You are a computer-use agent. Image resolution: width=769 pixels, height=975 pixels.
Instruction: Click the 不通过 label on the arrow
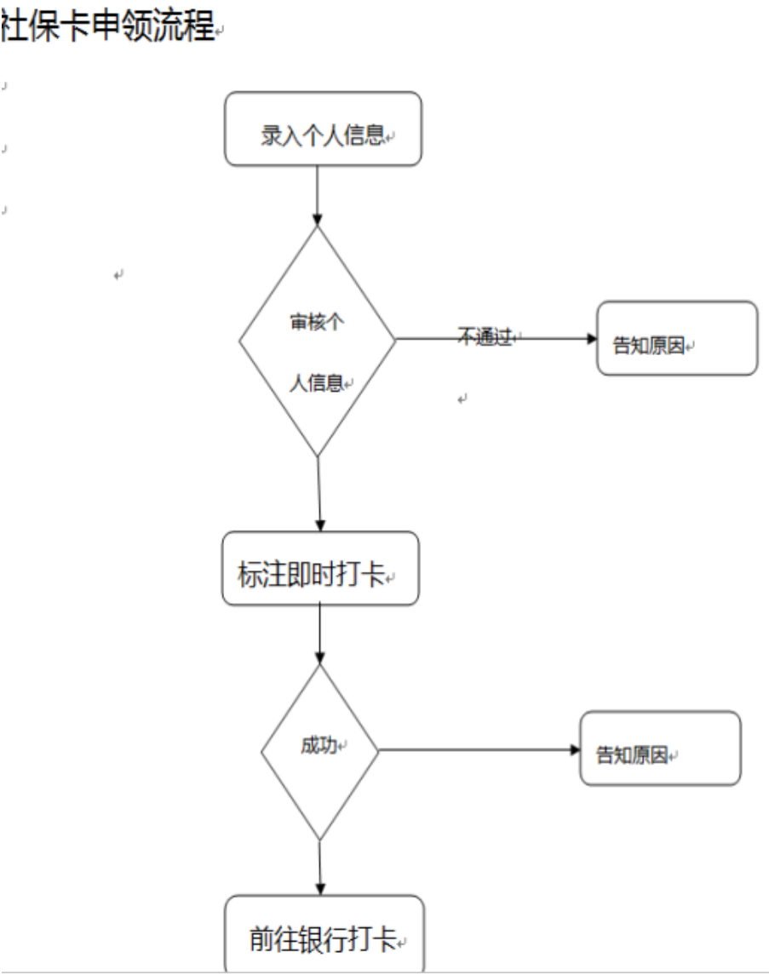click(485, 337)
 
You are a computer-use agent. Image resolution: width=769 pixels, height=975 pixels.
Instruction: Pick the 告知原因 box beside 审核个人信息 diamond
click(677, 338)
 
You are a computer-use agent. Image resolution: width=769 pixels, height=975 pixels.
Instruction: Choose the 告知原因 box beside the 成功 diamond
click(660, 748)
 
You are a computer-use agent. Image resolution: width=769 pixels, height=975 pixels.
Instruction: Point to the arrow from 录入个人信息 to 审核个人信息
click(317, 195)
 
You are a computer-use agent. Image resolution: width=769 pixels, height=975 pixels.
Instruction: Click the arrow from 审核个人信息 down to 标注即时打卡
click(319, 494)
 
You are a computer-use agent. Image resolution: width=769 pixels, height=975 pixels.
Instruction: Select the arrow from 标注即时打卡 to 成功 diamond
click(319, 634)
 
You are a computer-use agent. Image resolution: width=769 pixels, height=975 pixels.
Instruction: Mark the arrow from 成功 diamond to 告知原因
click(477, 750)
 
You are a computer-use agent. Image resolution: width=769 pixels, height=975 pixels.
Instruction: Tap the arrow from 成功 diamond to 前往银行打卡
click(320, 869)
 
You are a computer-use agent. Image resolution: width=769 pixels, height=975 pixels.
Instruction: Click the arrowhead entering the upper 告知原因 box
click(591, 338)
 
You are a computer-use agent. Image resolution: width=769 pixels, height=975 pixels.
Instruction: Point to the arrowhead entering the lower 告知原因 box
click(573, 750)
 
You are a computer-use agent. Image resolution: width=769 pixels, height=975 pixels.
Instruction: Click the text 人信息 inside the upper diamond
click(316, 384)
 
